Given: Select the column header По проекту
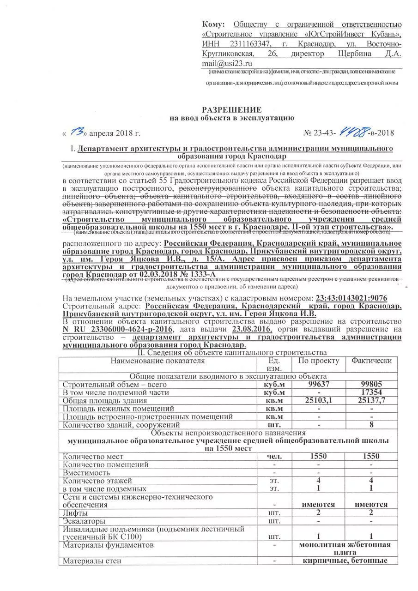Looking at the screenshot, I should [319, 360].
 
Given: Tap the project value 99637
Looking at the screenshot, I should [319, 384].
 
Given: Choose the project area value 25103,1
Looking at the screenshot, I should [319, 400].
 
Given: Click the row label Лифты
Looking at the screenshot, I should [75, 513].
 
